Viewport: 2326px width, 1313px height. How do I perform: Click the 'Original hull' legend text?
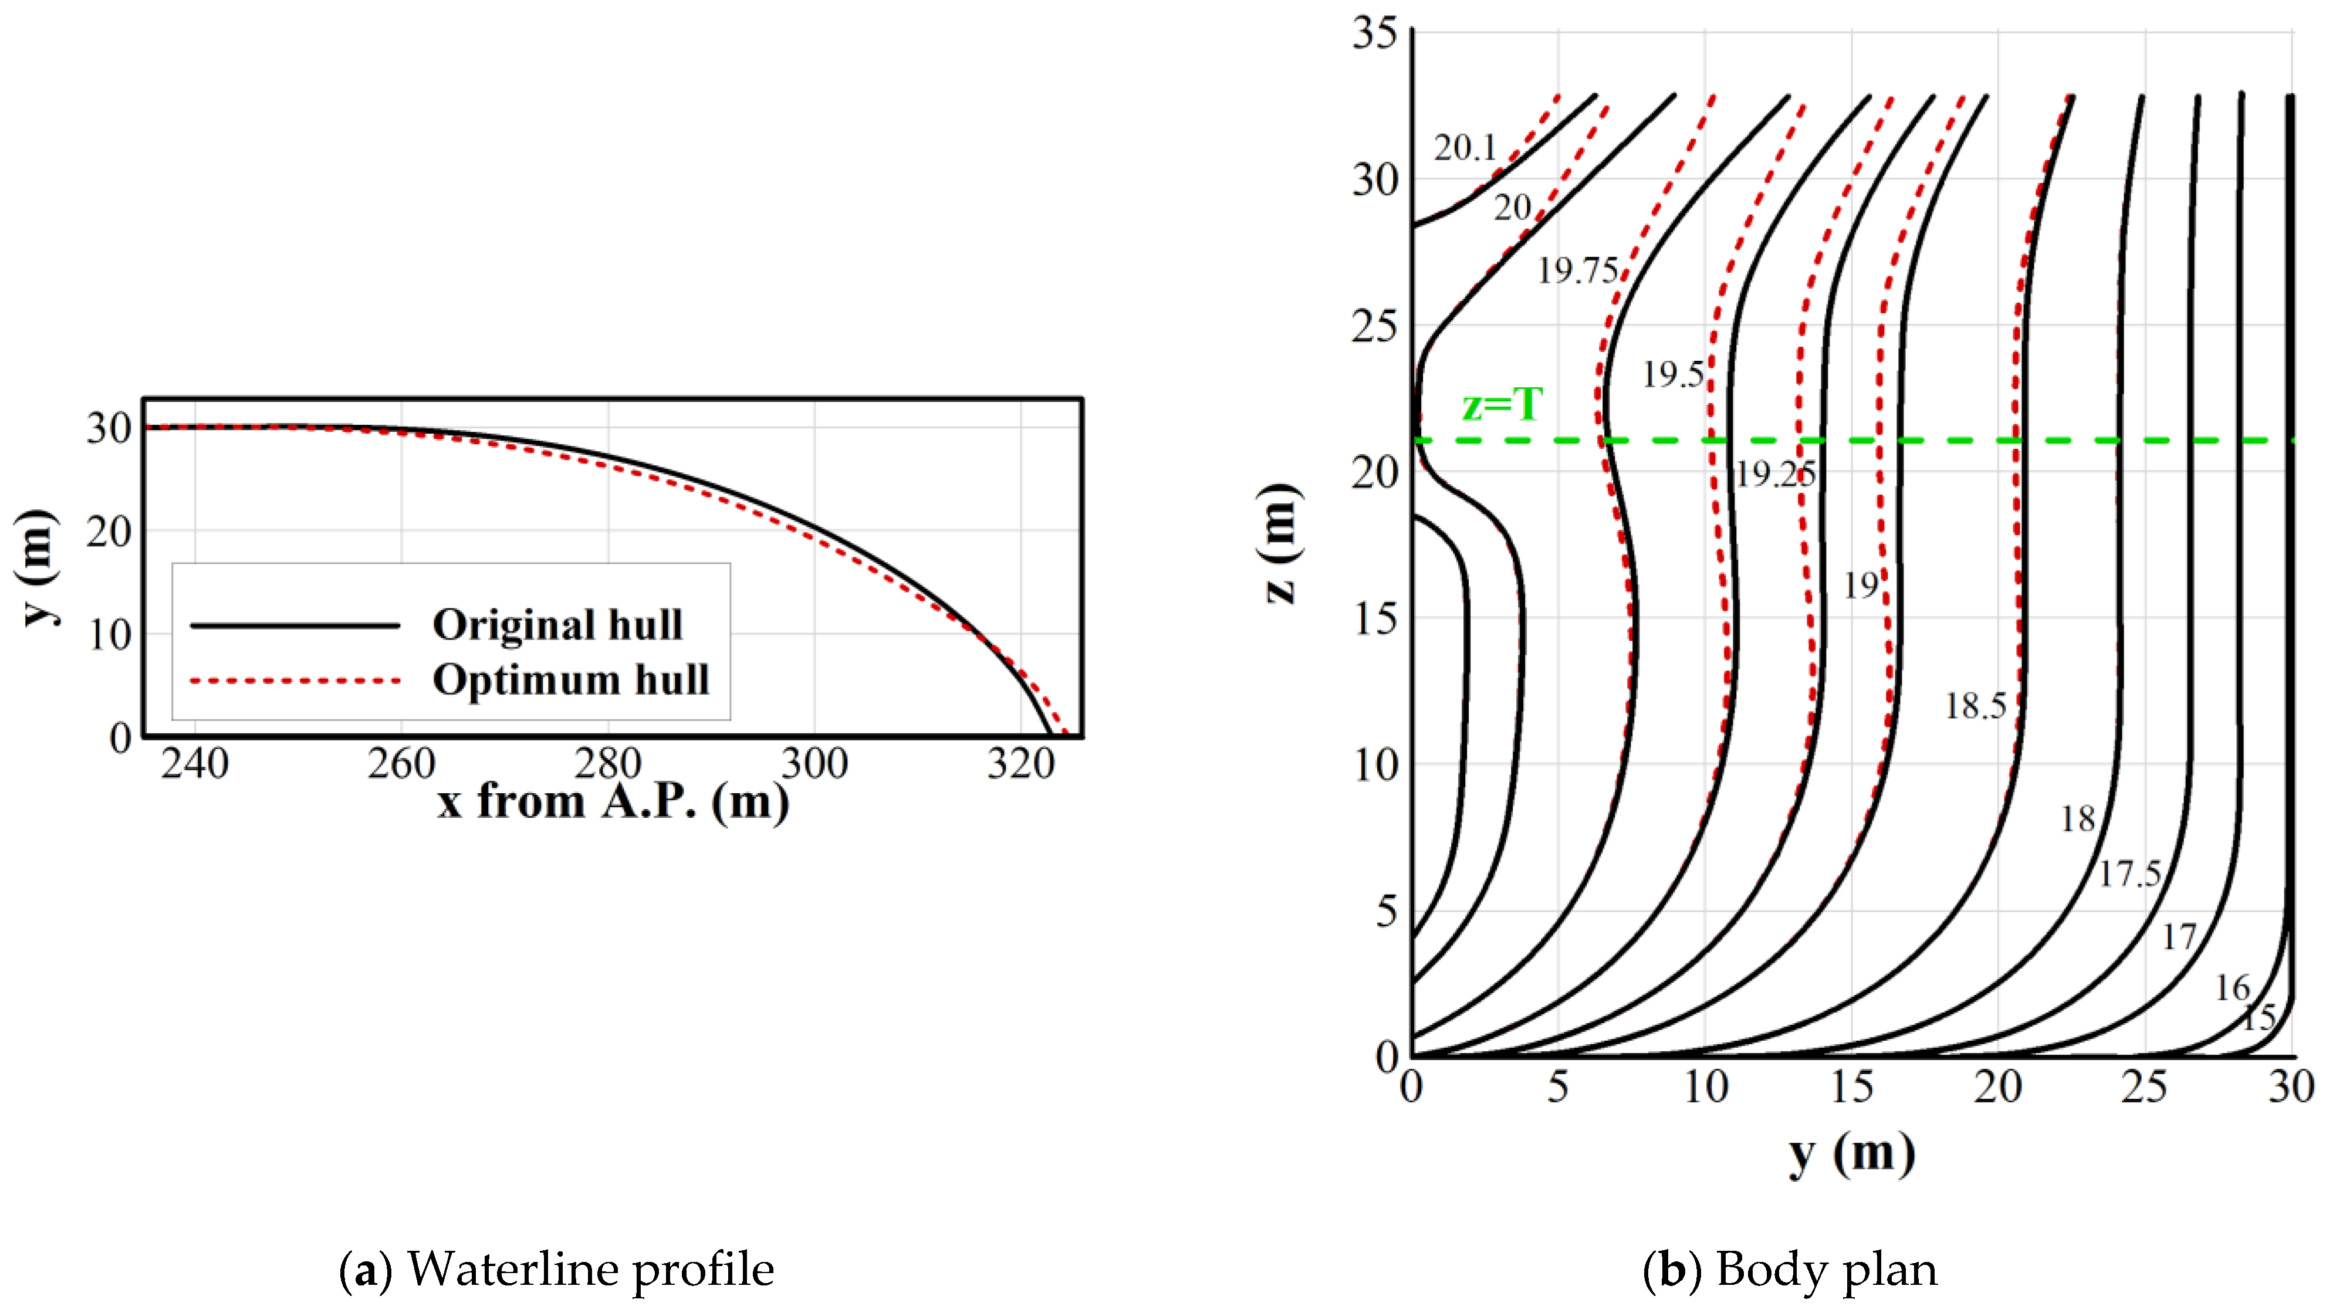coord(557,625)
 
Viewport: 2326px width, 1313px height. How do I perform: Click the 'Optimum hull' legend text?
coord(571,680)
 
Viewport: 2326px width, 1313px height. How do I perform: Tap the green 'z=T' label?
coord(1502,405)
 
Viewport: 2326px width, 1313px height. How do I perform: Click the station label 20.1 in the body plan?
coord(1465,147)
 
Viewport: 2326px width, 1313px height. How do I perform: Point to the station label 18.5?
coord(1975,706)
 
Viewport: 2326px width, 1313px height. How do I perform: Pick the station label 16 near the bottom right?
coord(2232,988)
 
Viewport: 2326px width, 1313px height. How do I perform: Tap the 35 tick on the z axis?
coord(1374,33)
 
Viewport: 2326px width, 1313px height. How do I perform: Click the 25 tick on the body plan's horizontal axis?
coord(2144,1087)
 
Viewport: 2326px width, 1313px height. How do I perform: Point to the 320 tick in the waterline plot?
coord(1020,764)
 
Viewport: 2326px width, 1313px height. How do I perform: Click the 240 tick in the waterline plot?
coord(194,764)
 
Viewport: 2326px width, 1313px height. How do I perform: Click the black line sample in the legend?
coord(295,625)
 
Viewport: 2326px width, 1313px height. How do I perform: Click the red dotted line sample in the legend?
coord(295,680)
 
